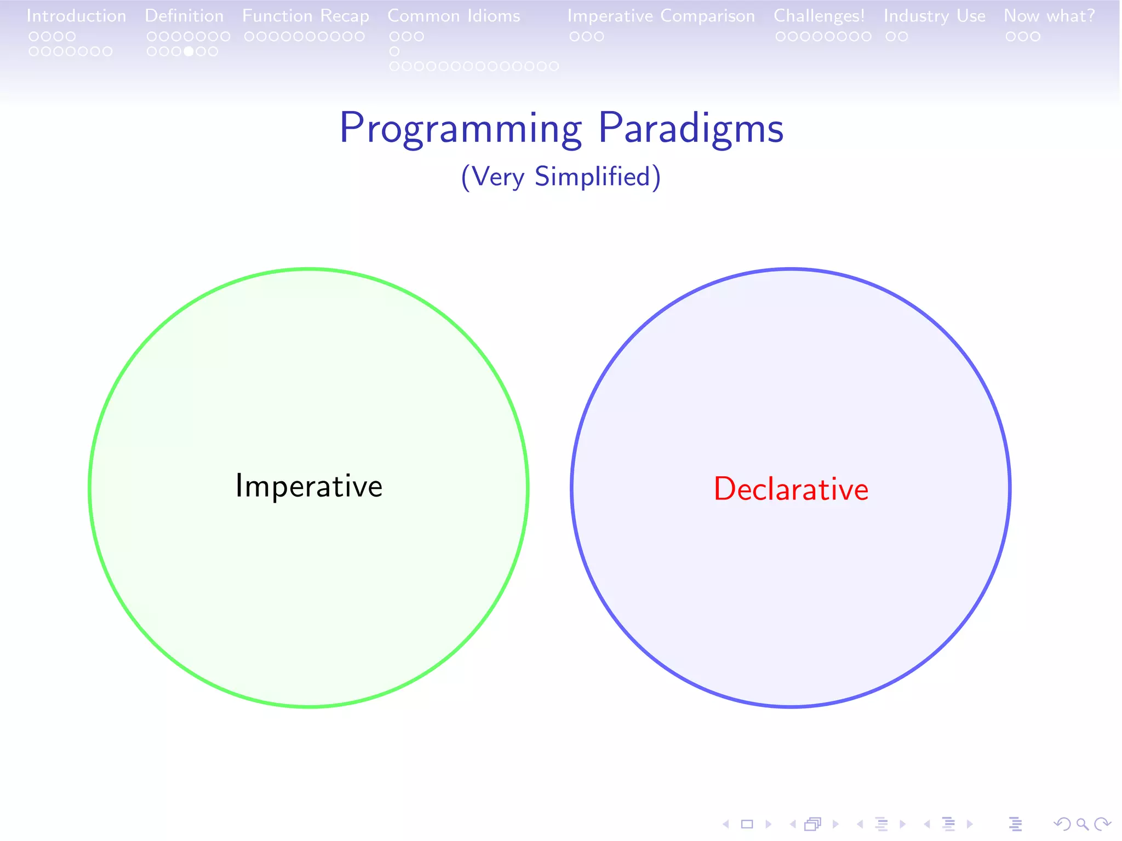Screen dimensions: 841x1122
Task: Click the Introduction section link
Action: click(76, 16)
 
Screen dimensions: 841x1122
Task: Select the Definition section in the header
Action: click(184, 16)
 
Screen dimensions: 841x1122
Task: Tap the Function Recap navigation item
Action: click(305, 16)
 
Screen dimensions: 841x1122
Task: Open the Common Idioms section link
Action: click(454, 16)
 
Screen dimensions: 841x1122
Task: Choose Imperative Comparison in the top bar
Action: click(661, 16)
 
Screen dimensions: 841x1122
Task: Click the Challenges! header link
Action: click(818, 16)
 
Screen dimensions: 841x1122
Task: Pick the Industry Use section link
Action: click(934, 16)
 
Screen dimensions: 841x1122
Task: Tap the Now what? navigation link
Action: click(1049, 16)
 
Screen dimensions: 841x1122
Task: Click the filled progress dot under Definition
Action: click(188, 51)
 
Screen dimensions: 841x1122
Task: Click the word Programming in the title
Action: click(460, 129)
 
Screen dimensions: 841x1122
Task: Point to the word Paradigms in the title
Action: click(690, 129)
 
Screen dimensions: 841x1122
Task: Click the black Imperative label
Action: click(308, 486)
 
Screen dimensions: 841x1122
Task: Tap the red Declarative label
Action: click(791, 489)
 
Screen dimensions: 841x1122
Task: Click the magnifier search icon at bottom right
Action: click(1082, 824)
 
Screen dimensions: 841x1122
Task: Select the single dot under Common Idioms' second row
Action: click(394, 51)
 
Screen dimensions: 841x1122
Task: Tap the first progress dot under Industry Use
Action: click(890, 37)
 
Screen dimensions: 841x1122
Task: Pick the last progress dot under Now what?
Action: click(1035, 37)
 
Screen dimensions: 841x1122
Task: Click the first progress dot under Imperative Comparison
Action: click(575, 37)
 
